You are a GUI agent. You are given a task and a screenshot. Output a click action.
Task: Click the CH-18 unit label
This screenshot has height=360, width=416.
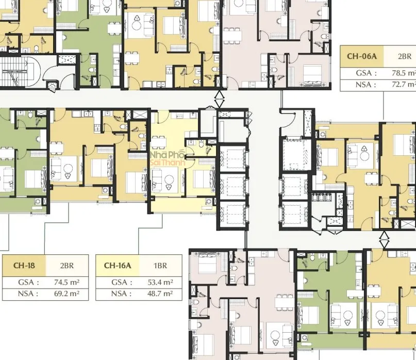[x=24, y=266]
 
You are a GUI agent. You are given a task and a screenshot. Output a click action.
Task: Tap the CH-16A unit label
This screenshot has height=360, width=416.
[x=118, y=266]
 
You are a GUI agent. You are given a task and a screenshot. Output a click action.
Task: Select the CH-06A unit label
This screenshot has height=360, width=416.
[x=361, y=56]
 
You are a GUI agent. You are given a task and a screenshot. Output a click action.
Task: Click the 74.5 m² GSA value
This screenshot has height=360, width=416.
[x=66, y=282]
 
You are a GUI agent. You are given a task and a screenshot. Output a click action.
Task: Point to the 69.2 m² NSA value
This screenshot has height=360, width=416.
[x=66, y=293]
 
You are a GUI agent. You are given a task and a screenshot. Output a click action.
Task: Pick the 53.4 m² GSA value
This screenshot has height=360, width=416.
[x=160, y=282]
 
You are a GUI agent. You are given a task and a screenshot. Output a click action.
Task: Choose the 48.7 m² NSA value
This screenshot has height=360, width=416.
[x=160, y=293]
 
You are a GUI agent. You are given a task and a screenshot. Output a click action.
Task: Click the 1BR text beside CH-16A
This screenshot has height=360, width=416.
[x=160, y=266]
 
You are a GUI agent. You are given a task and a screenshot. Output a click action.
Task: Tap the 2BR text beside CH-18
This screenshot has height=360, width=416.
[x=66, y=266]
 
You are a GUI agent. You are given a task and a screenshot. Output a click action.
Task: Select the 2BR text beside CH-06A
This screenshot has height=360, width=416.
[x=405, y=56]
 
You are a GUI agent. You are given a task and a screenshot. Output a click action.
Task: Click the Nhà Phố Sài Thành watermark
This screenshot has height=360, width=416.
[x=167, y=158]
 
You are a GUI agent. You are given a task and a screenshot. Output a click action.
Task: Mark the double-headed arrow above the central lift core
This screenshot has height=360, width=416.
[x=219, y=99]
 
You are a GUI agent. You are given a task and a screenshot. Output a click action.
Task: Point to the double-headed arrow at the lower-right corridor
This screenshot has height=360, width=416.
[x=384, y=240]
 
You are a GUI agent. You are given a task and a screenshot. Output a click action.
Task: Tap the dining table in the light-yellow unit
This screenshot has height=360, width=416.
[x=159, y=142]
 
